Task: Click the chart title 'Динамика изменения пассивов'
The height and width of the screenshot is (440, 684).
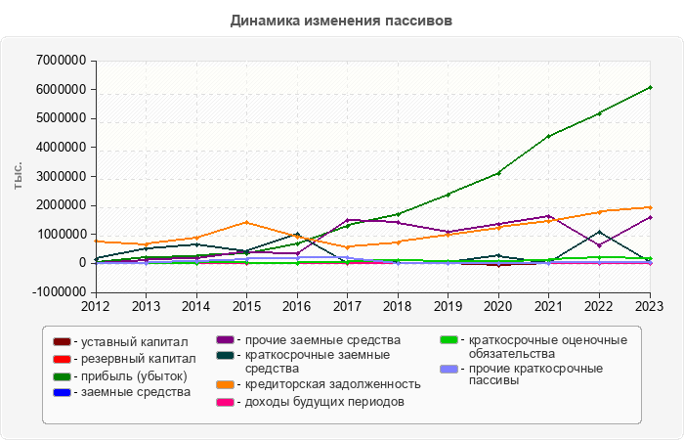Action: click(x=341, y=20)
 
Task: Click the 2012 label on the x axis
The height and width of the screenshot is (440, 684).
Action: click(x=95, y=307)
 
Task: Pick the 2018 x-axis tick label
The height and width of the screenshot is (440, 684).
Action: click(x=398, y=307)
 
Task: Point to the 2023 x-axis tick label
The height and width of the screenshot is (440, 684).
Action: click(x=650, y=307)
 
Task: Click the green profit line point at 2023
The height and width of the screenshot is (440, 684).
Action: click(x=650, y=87)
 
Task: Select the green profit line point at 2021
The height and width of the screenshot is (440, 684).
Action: click(x=549, y=136)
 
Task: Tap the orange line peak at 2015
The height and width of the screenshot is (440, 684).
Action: click(x=246, y=222)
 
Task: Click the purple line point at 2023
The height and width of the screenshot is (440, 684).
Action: click(x=650, y=217)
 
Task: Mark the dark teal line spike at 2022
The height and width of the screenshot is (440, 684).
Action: click(x=600, y=232)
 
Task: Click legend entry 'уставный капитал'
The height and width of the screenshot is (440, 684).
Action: click(x=134, y=341)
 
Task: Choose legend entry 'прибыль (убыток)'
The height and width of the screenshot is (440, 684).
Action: click(x=134, y=375)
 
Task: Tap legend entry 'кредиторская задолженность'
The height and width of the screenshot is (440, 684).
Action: click(x=333, y=383)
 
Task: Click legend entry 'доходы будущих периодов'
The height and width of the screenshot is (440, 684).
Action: click(x=324, y=401)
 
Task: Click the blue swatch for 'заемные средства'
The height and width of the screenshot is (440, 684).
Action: click(x=62, y=392)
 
